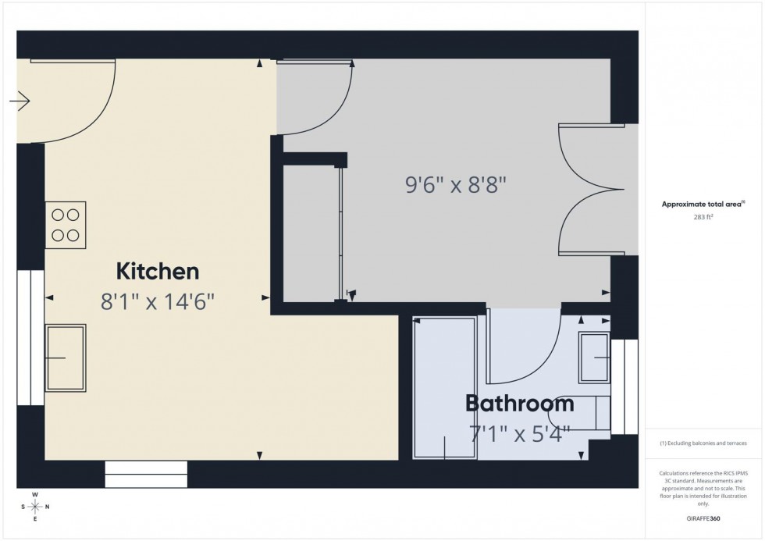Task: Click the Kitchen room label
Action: pyautogui.click(x=158, y=272)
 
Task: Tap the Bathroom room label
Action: pyautogui.click(x=519, y=404)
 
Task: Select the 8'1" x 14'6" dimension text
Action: pyautogui.click(x=158, y=301)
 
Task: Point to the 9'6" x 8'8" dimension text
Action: pyautogui.click(x=456, y=186)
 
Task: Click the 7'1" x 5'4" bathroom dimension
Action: pyautogui.click(x=519, y=432)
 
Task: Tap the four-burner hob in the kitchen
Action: pyautogui.click(x=66, y=225)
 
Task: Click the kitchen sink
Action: pyautogui.click(x=66, y=358)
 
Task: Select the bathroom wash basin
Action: pyautogui.click(x=596, y=358)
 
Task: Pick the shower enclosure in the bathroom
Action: pyautogui.click(x=444, y=388)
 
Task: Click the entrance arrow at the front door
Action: pyautogui.click(x=20, y=101)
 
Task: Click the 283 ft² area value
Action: pyautogui.click(x=703, y=217)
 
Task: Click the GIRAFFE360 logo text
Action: pyautogui.click(x=703, y=518)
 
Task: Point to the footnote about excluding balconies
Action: pyautogui.click(x=703, y=443)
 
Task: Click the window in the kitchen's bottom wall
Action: pyautogui.click(x=147, y=473)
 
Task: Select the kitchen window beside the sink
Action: pyautogui.click(x=30, y=337)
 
